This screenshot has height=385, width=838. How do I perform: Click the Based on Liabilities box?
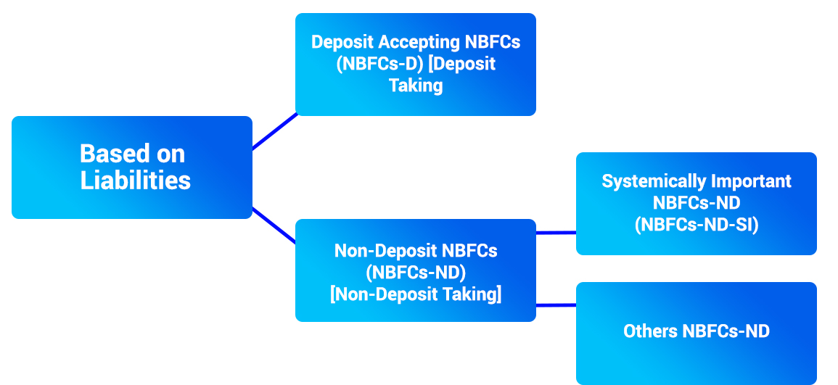click(x=131, y=167)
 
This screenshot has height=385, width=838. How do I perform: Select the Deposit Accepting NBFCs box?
click(x=415, y=65)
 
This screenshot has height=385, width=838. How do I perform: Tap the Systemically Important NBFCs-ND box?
click(x=696, y=204)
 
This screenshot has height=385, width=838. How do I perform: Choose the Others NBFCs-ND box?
click(x=696, y=333)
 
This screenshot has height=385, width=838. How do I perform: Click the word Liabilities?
click(x=136, y=181)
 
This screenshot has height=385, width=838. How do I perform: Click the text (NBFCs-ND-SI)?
click(x=696, y=225)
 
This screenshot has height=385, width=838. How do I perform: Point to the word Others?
click(x=650, y=331)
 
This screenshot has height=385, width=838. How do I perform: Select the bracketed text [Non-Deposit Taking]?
click(x=415, y=294)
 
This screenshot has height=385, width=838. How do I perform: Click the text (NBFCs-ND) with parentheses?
click(x=415, y=273)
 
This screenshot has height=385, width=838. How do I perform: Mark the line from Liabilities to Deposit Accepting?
click(x=274, y=131)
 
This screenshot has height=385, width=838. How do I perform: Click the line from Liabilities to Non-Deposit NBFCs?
click(x=274, y=225)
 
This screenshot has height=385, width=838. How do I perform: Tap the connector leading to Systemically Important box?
click(x=556, y=233)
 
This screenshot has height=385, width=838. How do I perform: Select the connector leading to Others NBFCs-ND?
click(x=556, y=305)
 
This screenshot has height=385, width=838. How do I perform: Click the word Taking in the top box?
click(x=415, y=86)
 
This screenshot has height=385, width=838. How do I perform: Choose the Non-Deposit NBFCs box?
click(x=415, y=270)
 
